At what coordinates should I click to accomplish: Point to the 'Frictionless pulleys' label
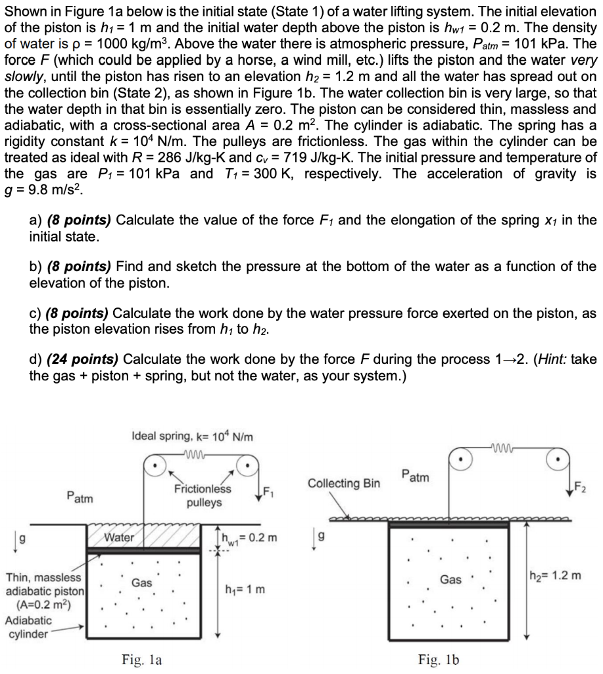pos(203,496)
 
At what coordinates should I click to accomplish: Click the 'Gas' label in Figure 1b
pos(450,579)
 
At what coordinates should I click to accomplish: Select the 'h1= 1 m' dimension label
pos(245,589)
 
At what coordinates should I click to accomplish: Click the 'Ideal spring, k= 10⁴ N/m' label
pos(192,437)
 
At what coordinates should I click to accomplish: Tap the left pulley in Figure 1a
pos(155,466)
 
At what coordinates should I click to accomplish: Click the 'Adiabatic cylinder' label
pos(28,627)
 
